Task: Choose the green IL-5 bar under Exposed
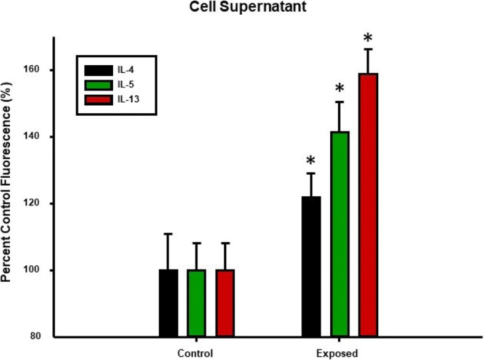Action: click(x=339, y=234)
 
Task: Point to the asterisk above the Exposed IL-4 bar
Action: click(x=311, y=161)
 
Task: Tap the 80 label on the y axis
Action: click(x=39, y=337)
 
